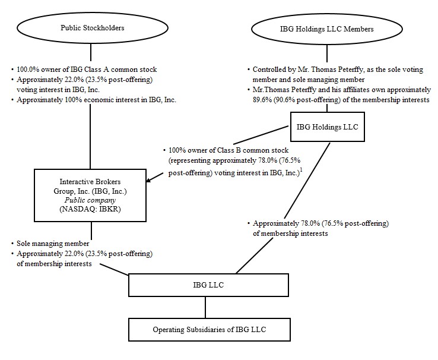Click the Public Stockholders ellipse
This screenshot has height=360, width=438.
(90, 28)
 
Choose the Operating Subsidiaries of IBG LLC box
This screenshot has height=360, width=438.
(205, 329)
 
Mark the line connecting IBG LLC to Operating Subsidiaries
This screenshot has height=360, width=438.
(205, 307)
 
